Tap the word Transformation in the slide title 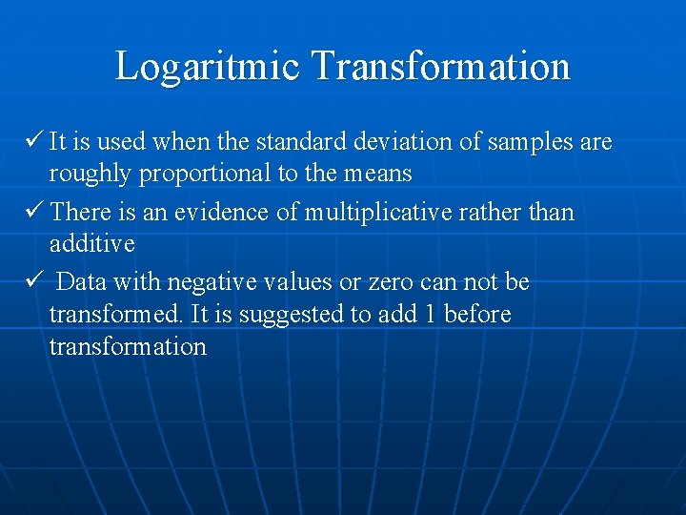pos(440,67)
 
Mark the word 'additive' pos(92,244)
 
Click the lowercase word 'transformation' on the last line pos(128,346)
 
